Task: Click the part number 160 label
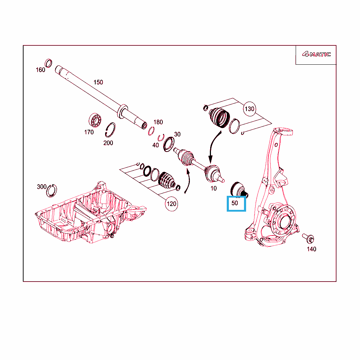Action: coord(40,70)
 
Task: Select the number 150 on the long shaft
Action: coord(98,82)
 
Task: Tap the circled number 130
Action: coord(250,109)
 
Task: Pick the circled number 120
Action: coord(172,204)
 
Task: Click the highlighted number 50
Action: coord(234,203)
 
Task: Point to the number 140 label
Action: coord(311,249)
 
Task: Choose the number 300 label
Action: coord(42,187)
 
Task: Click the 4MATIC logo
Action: coord(316,54)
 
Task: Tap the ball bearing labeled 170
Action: coord(95,120)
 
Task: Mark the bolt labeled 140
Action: coord(308,238)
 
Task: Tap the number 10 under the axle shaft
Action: coord(213,188)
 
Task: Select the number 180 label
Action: coord(158,122)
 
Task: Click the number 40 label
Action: coord(155,145)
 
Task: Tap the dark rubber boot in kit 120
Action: coord(167,180)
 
